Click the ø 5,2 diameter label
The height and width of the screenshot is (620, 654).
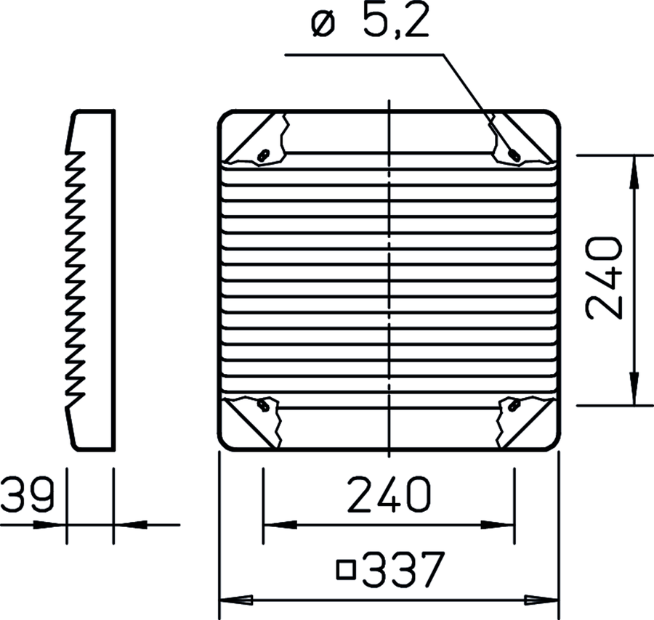371,20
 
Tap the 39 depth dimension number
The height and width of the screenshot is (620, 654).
28,495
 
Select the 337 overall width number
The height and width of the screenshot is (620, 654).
403,570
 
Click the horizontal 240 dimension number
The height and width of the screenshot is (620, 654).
389,494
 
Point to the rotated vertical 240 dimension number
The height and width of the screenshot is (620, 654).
604,278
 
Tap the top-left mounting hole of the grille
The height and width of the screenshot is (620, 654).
263,155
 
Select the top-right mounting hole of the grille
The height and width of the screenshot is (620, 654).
514,155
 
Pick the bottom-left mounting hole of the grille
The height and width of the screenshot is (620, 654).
263,404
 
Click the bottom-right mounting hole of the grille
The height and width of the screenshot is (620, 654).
514,404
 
